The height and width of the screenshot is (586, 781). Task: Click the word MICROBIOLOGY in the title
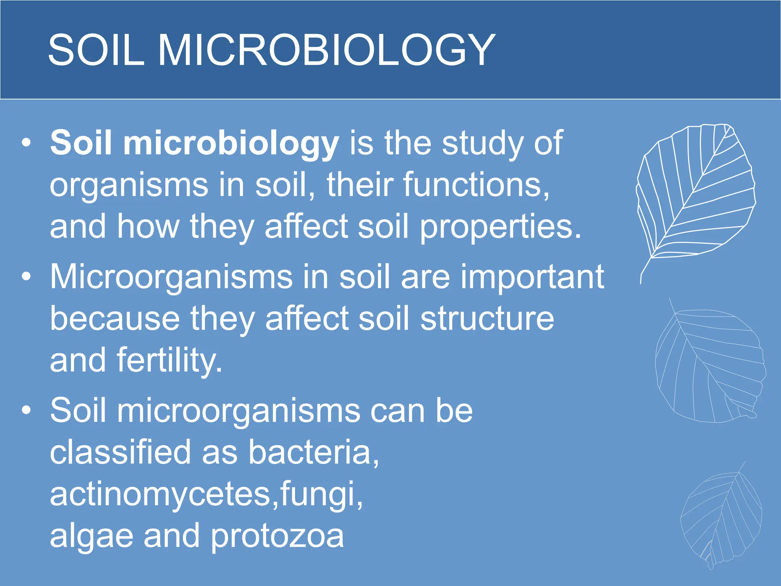[x=326, y=50]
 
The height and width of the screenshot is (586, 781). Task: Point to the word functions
[x=476, y=185]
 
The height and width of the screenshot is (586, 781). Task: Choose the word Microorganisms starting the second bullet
[x=171, y=277]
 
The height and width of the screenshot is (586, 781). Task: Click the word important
[x=532, y=277]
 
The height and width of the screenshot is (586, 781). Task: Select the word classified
[x=120, y=452]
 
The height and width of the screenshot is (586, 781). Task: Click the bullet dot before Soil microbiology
[x=26, y=142]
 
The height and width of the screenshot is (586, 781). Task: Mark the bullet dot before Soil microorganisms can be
[x=26, y=410]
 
